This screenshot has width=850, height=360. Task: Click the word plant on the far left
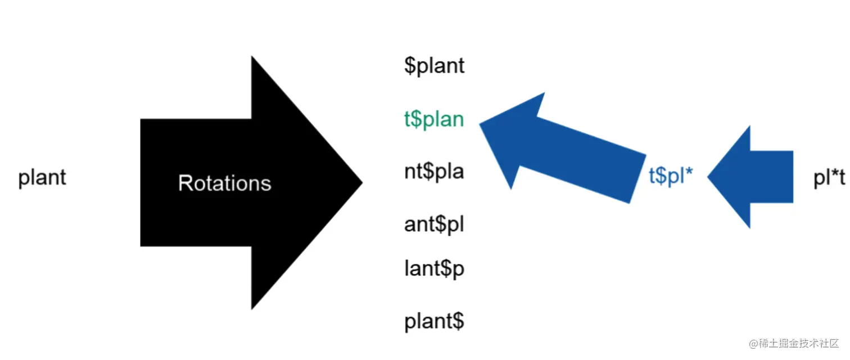42,178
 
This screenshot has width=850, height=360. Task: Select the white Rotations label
224,183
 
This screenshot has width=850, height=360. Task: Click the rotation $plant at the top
435,66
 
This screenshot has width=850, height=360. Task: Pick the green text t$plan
434,119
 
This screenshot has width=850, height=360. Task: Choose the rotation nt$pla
434,171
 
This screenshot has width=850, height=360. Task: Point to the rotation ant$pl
434,224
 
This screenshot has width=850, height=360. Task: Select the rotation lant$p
434,269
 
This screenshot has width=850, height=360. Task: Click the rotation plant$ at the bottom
434,322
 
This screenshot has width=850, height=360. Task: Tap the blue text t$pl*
671,177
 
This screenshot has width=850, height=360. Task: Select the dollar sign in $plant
410,66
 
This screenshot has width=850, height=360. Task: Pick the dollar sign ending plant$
458,322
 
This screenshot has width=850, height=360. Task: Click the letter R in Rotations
184,183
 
